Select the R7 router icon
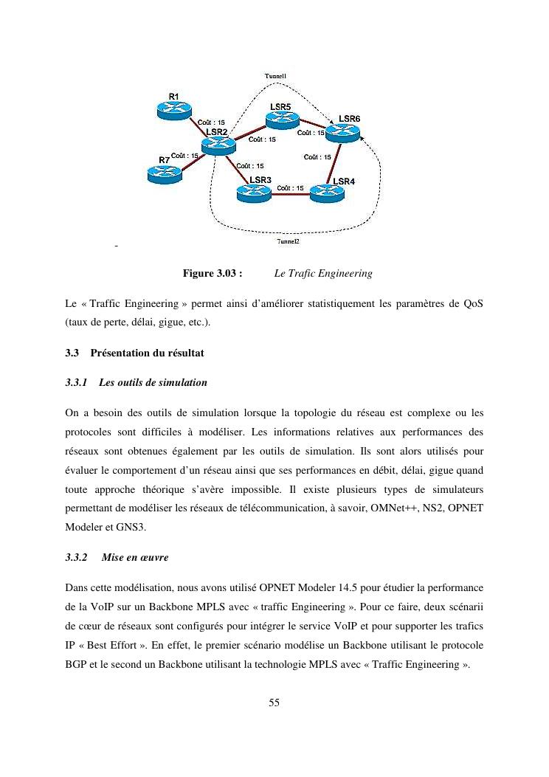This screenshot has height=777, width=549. pos(163,173)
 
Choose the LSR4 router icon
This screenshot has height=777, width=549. pos(326,193)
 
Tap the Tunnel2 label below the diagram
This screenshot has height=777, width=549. pos(288,241)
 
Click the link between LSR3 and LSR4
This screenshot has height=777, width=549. pos(289,194)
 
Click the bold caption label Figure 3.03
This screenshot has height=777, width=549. pos(213,274)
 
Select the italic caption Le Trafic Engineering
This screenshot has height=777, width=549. pos(322,274)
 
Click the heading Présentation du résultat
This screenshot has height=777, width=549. pos(147,353)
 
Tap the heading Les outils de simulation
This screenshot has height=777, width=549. pos(153,383)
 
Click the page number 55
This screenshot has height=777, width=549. pos(274,702)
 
